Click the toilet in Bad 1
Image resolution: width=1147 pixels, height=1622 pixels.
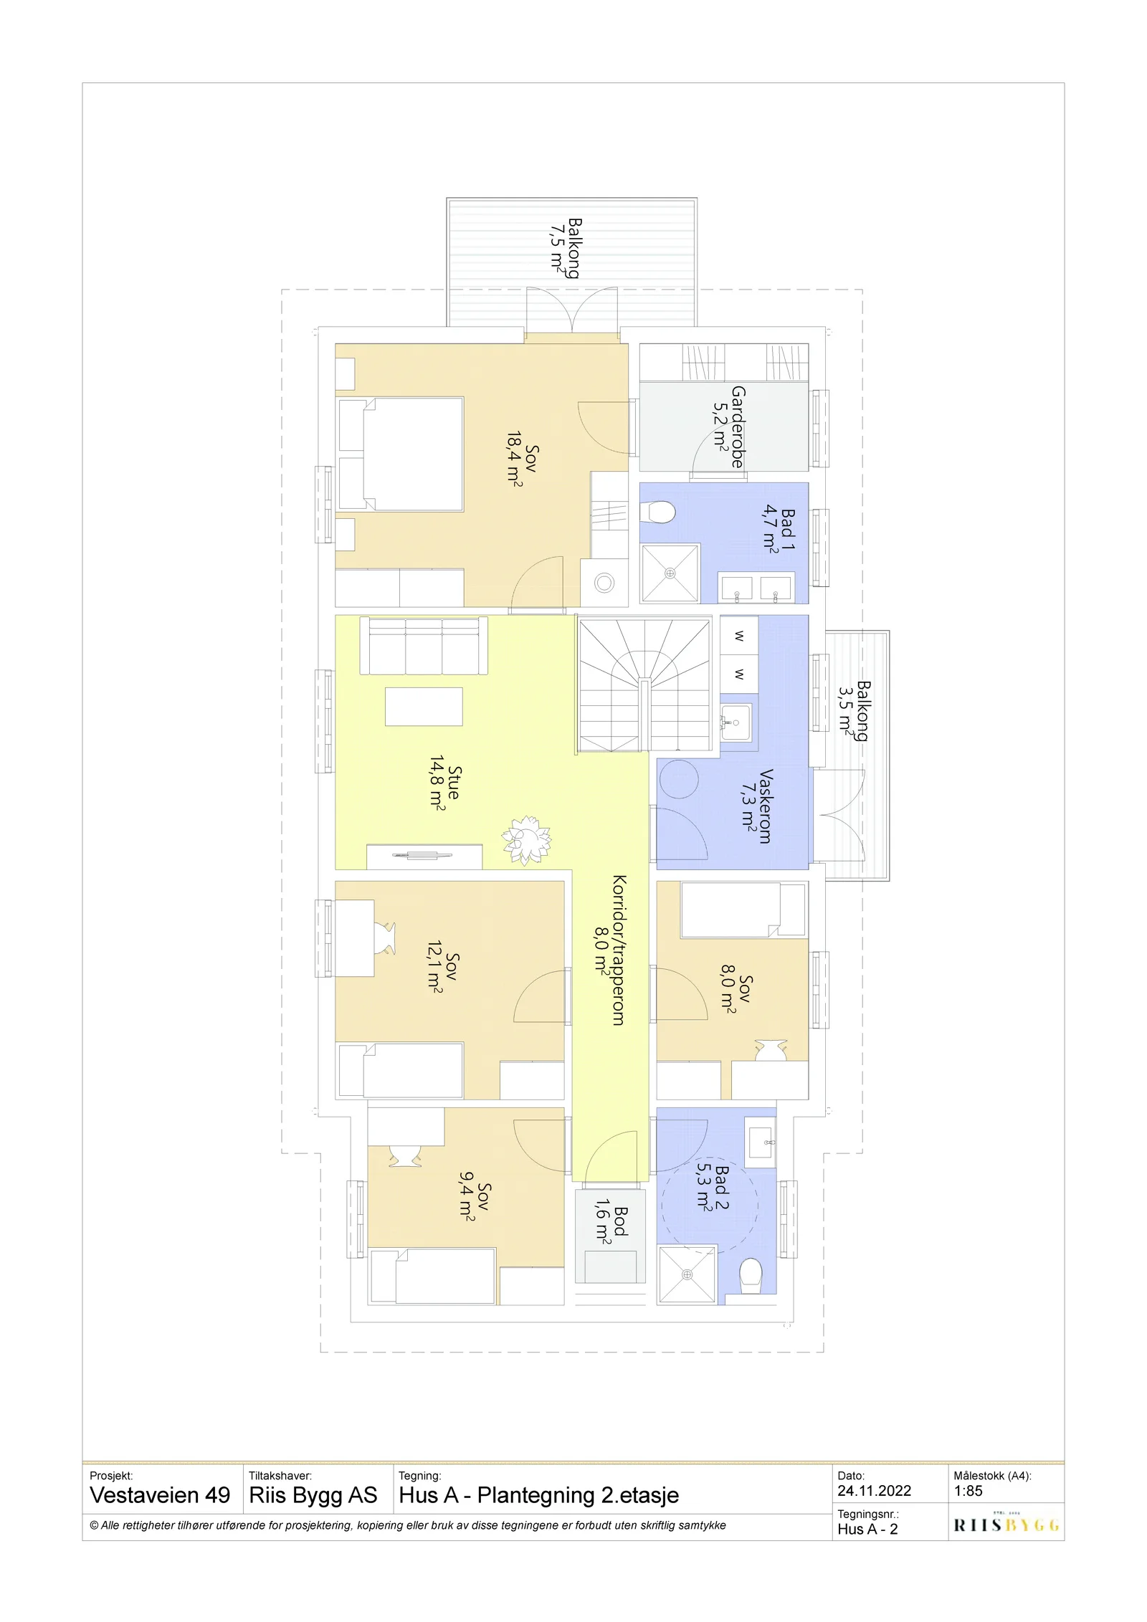click(657, 512)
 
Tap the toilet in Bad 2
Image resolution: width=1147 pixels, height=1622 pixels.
click(751, 1277)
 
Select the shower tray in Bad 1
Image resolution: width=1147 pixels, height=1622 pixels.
click(670, 573)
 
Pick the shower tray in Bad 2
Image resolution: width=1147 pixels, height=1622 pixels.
click(687, 1274)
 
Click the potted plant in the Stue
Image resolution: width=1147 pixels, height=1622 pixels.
click(526, 839)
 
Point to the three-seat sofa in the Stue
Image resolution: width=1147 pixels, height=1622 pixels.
click(424, 646)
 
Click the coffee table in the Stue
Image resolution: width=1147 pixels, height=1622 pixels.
click(424, 707)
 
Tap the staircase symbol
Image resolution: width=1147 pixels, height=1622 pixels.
click(644, 686)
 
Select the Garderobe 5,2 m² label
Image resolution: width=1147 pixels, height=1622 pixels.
click(729, 427)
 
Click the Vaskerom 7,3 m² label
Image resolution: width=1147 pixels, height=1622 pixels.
click(758, 806)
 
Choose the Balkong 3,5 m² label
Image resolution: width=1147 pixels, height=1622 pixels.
click(855, 710)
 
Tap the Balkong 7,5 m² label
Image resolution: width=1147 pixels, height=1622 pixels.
click(566, 248)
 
